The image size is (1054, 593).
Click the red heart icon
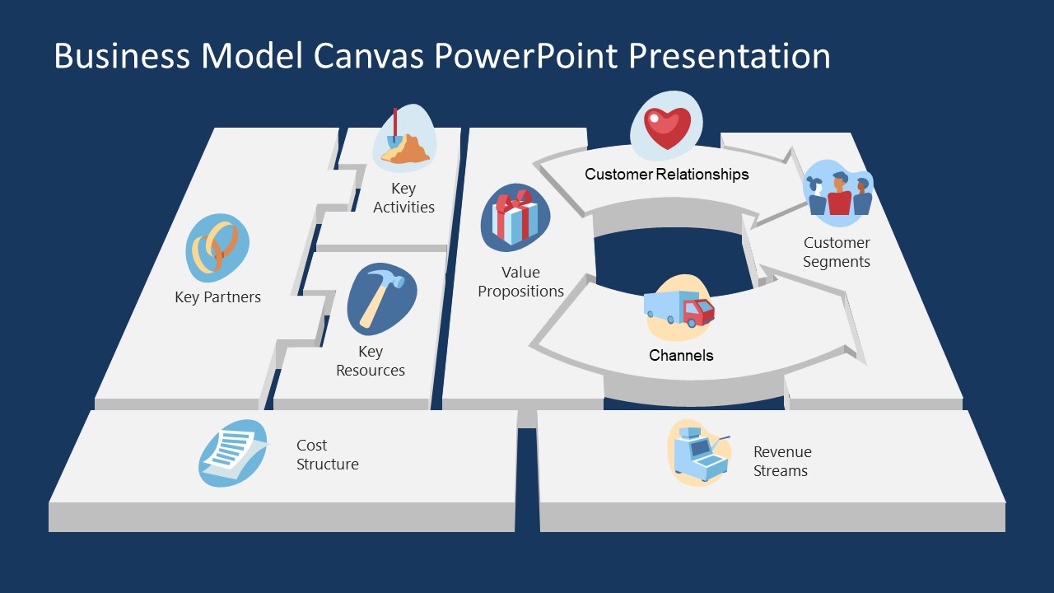(667, 126)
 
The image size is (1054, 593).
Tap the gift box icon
(515, 217)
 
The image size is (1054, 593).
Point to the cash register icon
(698, 452)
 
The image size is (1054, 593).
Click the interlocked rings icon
(217, 247)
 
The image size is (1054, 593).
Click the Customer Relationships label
(667, 175)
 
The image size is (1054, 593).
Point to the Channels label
(681, 356)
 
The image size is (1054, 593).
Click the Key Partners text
(217, 297)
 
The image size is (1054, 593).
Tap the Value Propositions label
(520, 282)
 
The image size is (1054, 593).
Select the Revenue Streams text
(782, 461)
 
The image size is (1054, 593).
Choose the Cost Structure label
(328, 455)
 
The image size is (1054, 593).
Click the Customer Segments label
(837, 252)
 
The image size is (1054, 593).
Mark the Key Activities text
(403, 198)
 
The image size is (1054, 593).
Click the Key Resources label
(371, 361)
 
